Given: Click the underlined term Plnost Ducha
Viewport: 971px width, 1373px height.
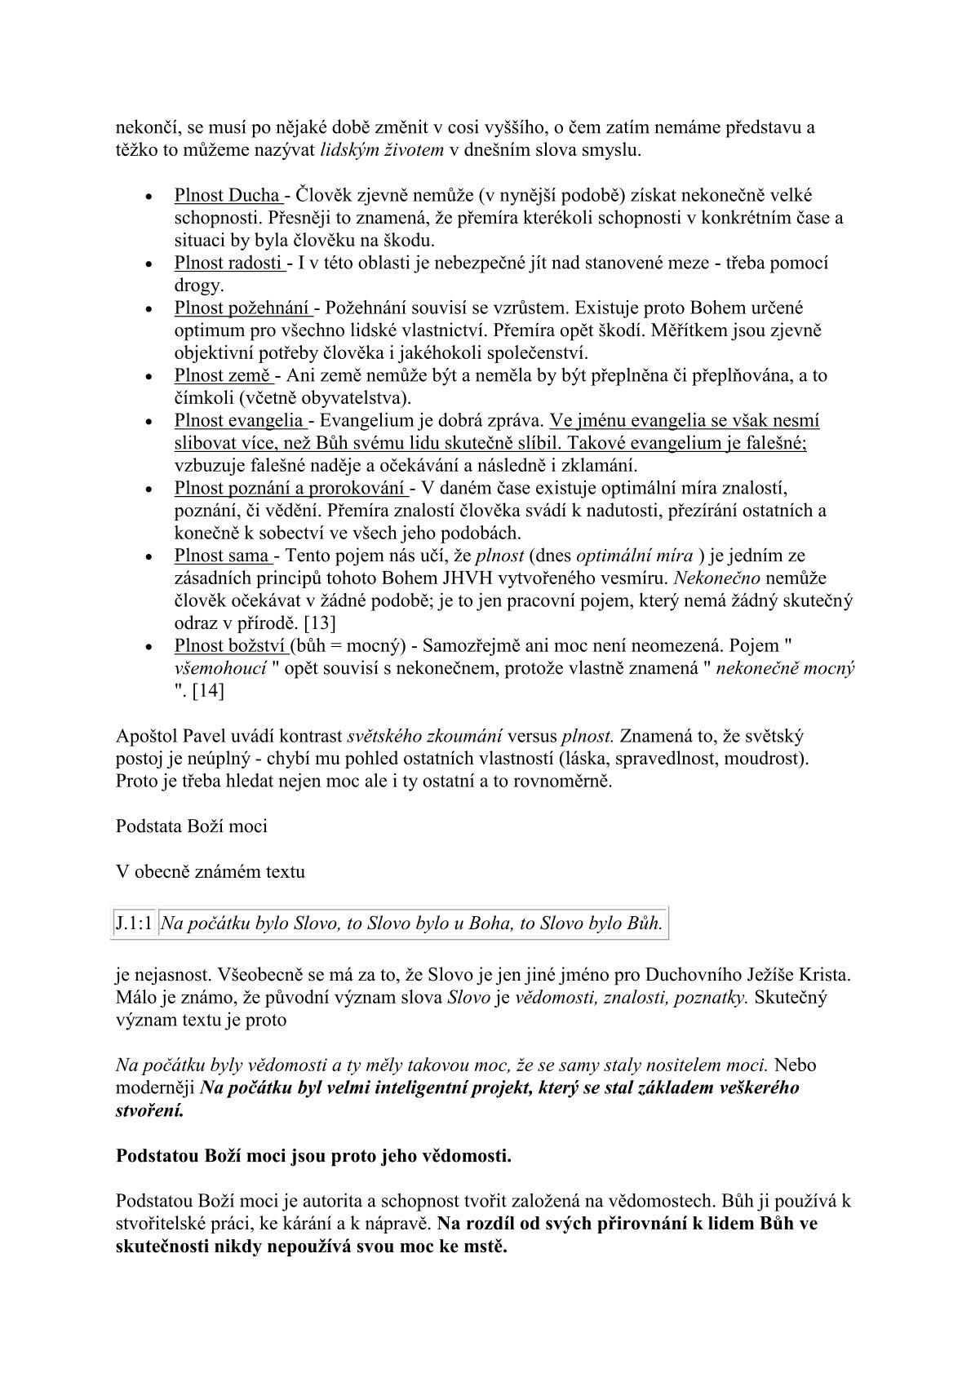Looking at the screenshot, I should tap(226, 196).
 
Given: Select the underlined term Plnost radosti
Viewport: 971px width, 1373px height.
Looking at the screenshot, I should tap(228, 264).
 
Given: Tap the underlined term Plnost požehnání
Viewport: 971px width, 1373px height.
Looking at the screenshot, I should tap(242, 308).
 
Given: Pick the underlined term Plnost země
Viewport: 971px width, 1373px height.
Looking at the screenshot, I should tap(223, 376).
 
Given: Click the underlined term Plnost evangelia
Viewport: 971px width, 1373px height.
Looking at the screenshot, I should tap(238, 421).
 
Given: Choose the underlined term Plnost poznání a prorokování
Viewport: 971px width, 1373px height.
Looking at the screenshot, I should tap(290, 489).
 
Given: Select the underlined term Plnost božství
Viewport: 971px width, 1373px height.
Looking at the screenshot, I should tap(230, 646).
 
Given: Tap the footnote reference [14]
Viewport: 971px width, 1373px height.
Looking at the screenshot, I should tap(207, 691).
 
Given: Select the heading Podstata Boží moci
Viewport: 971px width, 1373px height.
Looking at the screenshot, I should tap(192, 826).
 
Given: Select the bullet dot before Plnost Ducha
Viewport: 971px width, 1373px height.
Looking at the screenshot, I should tap(148, 198).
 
